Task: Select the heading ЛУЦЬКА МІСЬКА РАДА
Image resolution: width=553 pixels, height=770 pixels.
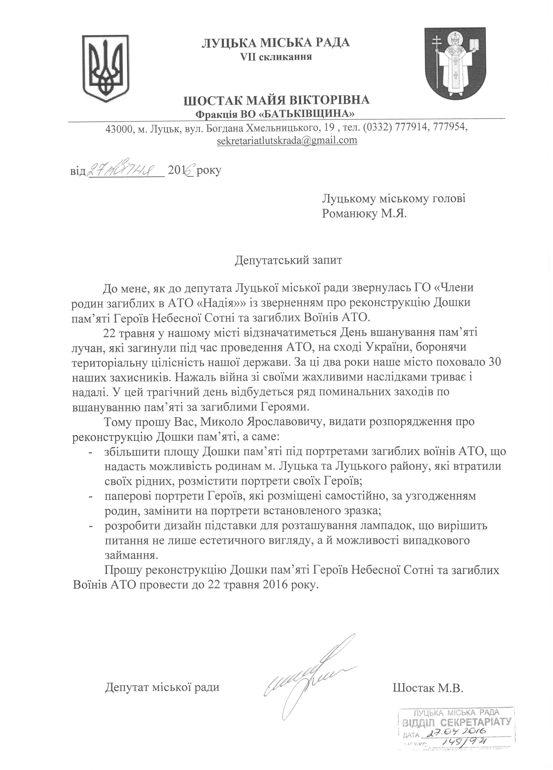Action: (276, 43)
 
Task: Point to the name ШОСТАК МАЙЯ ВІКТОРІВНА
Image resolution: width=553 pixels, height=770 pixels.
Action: (276, 100)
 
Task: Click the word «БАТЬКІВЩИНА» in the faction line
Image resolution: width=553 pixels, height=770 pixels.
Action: (307, 113)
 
